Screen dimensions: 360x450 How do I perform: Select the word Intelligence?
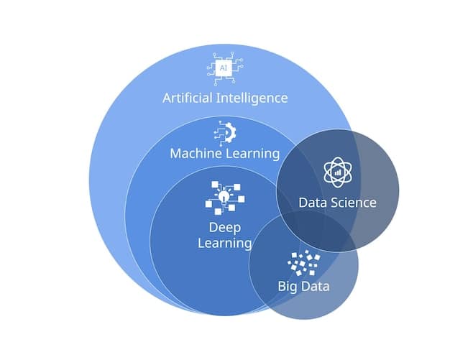coord(252,98)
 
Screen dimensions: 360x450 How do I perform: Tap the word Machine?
coord(196,153)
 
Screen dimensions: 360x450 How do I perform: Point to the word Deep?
coord(224,228)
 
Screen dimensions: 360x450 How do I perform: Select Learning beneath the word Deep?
coord(224,244)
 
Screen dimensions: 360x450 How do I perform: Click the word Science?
coord(353,203)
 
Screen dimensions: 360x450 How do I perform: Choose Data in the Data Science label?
coord(313,203)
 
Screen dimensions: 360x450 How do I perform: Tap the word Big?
coord(289,287)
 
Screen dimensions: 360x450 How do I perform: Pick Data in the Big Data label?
coord(316,287)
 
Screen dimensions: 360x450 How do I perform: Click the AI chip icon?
coord(224,66)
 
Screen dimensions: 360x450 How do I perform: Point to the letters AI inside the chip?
coord(224,66)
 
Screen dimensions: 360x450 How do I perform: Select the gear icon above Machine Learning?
coord(225,132)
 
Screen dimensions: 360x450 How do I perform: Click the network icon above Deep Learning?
coord(224,197)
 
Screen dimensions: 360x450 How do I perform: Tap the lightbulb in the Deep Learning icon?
coord(224,194)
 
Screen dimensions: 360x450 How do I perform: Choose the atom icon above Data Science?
coord(337,172)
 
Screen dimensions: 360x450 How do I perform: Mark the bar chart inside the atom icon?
coord(337,173)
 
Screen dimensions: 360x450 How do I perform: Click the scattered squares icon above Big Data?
coord(304,263)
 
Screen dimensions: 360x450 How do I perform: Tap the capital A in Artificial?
coord(167,98)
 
